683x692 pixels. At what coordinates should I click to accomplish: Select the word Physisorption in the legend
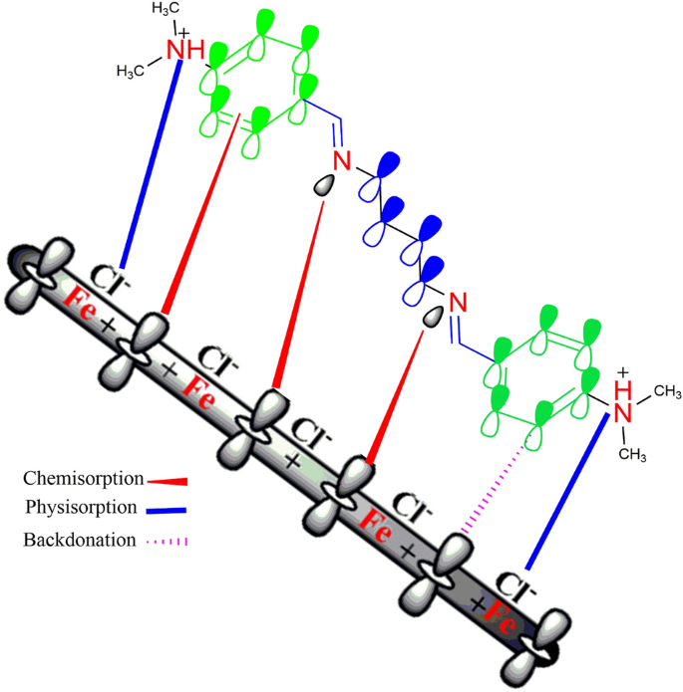pos(81,507)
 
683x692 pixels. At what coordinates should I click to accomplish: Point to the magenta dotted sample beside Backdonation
pos(167,542)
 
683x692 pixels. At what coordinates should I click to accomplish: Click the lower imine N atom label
pos(458,300)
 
